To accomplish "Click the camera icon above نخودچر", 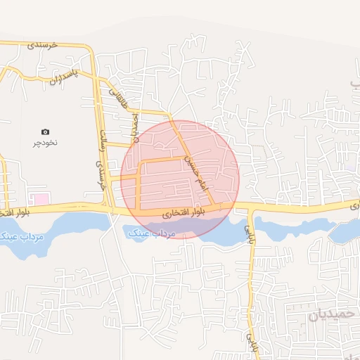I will [x=46, y=131].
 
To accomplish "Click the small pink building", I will [x=42, y=199].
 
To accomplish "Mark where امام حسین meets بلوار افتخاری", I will [x=215, y=206].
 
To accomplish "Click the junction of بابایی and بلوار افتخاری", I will [x=250, y=208].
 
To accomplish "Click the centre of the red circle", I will [x=180, y=180].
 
